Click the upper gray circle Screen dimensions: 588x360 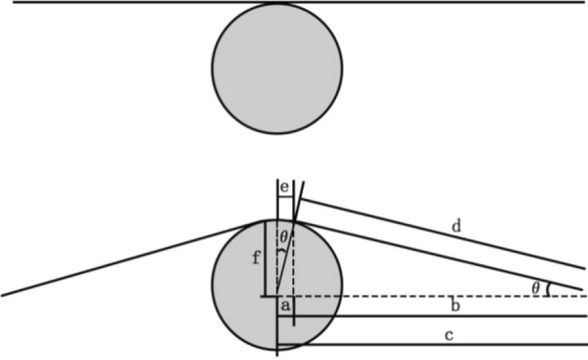(277, 67)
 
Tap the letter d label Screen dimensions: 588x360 (456, 228)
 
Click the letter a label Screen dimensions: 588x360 (284, 305)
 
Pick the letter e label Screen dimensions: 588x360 (284, 186)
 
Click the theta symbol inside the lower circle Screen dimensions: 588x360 (283, 235)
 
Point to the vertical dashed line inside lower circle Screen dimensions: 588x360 (293, 263)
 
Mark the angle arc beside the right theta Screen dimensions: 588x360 (548, 288)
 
